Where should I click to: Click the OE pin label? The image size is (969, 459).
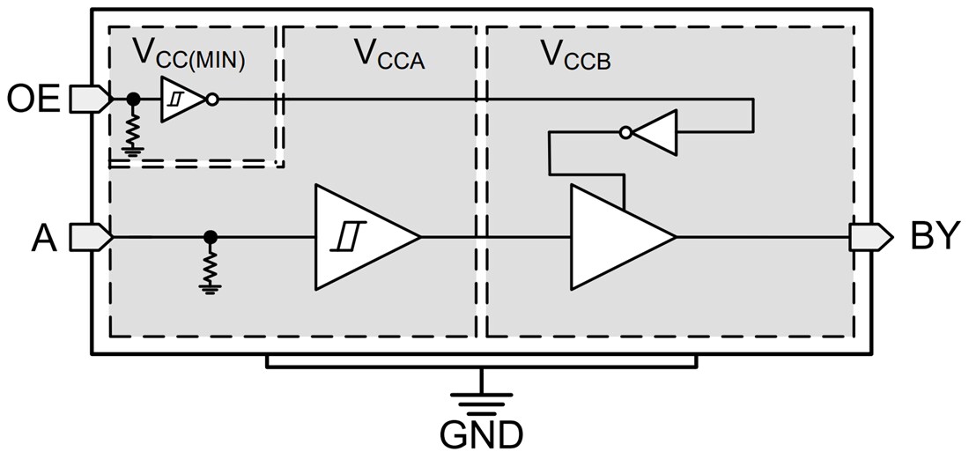click(x=33, y=100)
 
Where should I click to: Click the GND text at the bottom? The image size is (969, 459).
click(x=482, y=435)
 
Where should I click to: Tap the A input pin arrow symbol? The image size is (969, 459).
click(x=91, y=236)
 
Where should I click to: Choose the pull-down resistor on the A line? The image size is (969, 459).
click(x=210, y=267)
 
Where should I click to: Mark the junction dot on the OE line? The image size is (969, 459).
click(x=134, y=100)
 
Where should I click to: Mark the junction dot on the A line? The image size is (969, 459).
click(x=210, y=236)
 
